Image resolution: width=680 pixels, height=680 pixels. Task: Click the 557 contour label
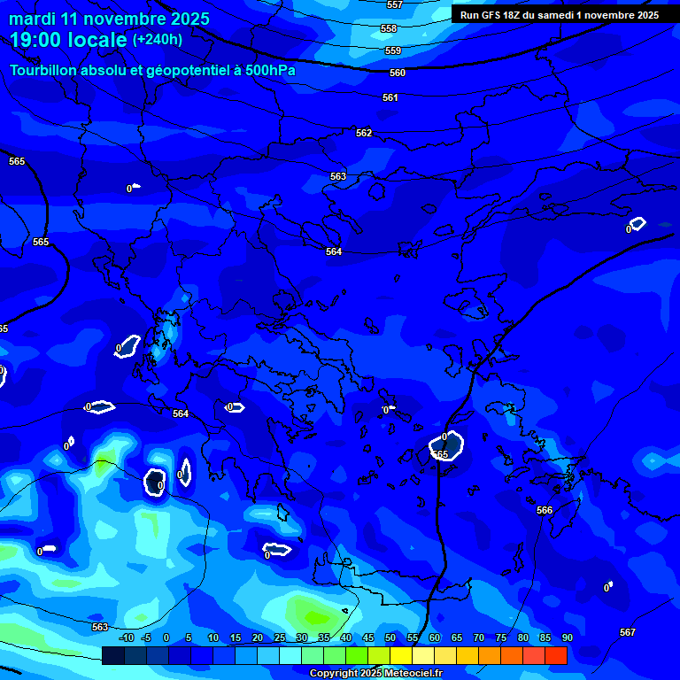click(x=395, y=4)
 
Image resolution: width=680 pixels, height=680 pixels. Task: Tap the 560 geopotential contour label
click(x=398, y=73)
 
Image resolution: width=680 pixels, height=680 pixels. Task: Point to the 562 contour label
click(x=364, y=133)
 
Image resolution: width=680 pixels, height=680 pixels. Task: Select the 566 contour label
click(x=545, y=510)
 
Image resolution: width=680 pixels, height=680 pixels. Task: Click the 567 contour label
click(x=628, y=632)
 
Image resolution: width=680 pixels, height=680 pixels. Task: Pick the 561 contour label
click(x=390, y=97)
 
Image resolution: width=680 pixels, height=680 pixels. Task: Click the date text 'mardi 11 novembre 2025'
click(x=110, y=19)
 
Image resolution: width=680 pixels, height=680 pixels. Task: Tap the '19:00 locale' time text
click(x=68, y=40)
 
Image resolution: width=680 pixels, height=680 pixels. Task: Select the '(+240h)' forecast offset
click(x=158, y=40)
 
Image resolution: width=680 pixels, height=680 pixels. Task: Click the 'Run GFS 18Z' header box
click(x=560, y=15)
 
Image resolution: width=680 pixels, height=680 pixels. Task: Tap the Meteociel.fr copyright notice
click(x=375, y=674)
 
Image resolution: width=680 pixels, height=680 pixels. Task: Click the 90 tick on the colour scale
click(x=567, y=637)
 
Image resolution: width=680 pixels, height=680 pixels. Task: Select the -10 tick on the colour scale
click(x=127, y=637)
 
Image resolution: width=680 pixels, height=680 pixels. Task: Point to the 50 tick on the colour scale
click(x=390, y=637)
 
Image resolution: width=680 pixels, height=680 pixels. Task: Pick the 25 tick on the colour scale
click(x=279, y=637)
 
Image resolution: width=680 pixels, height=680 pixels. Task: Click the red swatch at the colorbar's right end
click(x=556, y=655)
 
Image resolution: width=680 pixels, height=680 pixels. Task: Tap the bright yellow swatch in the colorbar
click(x=401, y=655)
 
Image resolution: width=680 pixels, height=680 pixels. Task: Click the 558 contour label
click(x=389, y=28)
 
